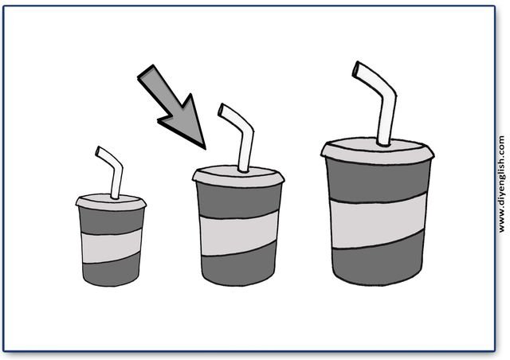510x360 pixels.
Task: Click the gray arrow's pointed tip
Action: click(206, 149)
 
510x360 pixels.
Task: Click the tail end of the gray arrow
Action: click(145, 72)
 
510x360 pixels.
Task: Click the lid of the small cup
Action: click(111, 202)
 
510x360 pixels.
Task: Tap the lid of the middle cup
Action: click(238, 176)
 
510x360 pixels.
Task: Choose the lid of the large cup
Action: click(377, 151)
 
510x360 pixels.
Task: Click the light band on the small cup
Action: click(112, 246)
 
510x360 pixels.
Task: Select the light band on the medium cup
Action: click(239, 233)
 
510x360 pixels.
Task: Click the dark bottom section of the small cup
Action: click(111, 271)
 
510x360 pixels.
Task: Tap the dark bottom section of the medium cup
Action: click(239, 266)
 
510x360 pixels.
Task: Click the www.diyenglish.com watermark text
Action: click(502, 184)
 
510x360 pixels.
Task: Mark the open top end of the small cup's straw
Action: click(98, 151)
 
